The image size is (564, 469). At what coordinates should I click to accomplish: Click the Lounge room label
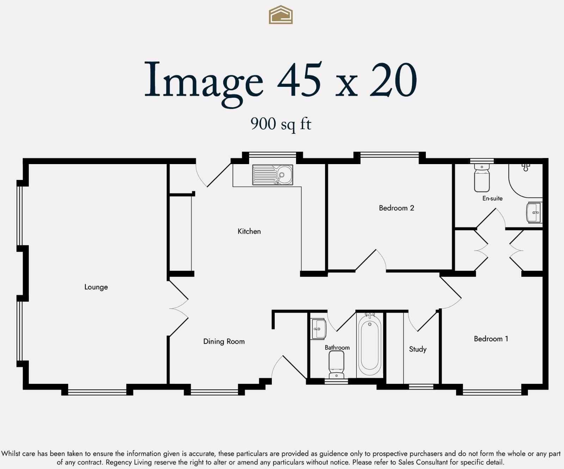pyautogui.click(x=96, y=287)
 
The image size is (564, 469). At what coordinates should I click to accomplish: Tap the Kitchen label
pyautogui.click(x=249, y=231)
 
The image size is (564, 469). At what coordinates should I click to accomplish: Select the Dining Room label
pyautogui.click(x=224, y=341)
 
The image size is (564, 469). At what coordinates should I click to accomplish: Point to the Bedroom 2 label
pyautogui.click(x=397, y=208)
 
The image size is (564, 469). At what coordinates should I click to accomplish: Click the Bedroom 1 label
pyautogui.click(x=491, y=339)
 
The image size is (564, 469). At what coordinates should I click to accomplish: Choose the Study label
pyautogui.click(x=418, y=349)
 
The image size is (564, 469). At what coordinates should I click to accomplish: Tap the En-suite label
pyautogui.click(x=492, y=198)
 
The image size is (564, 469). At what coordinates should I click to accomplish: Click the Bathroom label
pyautogui.click(x=337, y=348)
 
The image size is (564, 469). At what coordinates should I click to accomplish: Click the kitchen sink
pyautogui.click(x=272, y=175)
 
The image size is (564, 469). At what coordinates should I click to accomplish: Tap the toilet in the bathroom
pyautogui.click(x=336, y=365)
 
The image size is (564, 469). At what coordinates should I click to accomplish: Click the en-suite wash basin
pyautogui.click(x=534, y=212)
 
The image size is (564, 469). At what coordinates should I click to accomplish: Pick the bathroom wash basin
pyautogui.click(x=319, y=329)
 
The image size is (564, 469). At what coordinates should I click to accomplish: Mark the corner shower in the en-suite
pyautogui.click(x=526, y=180)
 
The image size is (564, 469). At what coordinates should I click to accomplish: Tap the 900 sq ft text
pyautogui.click(x=281, y=124)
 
